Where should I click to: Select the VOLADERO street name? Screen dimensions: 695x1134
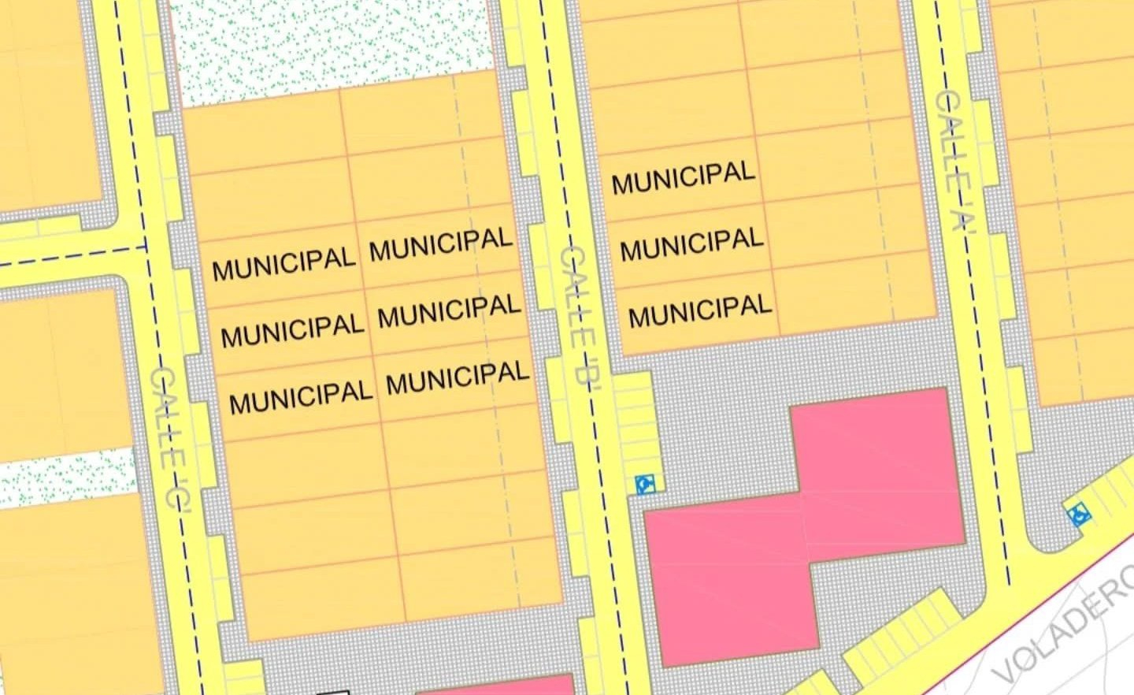point(1063,630)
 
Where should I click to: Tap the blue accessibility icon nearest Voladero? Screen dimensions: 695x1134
point(1079,515)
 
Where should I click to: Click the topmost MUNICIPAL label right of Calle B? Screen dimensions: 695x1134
point(684,178)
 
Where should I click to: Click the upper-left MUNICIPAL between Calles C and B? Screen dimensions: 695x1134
point(283,263)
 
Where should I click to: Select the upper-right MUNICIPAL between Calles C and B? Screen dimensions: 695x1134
point(441,244)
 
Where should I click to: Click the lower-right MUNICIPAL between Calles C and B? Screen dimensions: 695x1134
point(458,378)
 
